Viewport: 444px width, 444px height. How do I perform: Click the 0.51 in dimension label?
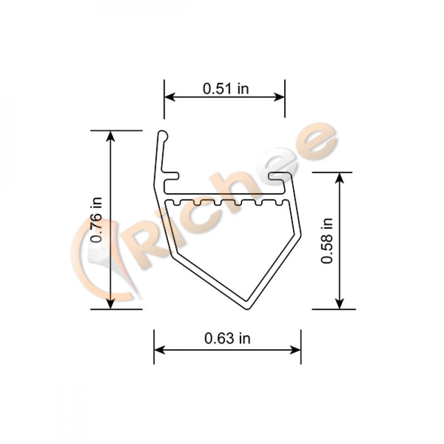click(x=226, y=88)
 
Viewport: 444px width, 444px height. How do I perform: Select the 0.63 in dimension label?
click(x=227, y=338)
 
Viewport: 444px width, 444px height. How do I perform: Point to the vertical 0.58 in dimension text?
click(x=327, y=241)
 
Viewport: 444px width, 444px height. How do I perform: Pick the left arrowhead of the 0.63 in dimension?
click(x=159, y=350)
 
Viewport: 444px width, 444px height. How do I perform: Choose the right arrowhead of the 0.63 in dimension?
click(x=296, y=350)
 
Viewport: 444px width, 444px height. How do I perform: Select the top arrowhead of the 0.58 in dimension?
click(x=340, y=177)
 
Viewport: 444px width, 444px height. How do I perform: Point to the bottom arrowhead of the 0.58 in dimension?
click(x=340, y=304)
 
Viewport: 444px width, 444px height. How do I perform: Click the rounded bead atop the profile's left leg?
click(x=163, y=134)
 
